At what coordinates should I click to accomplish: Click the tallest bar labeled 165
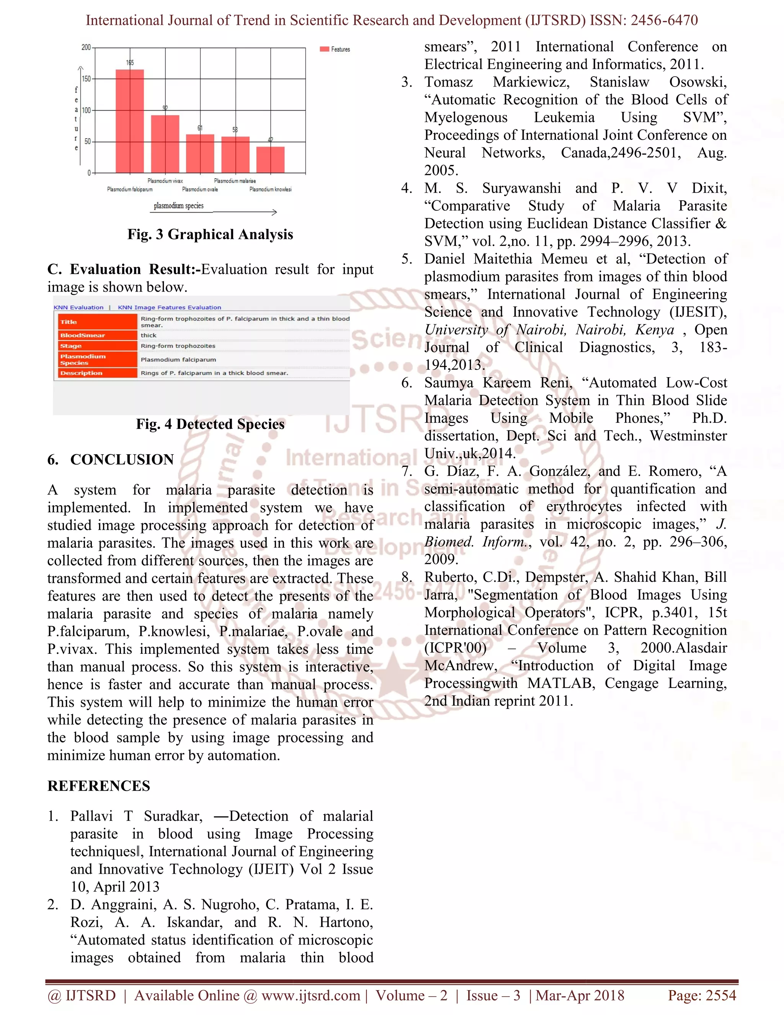(130, 121)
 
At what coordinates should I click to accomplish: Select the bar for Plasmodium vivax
(165, 144)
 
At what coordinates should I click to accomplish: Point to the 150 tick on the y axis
(87, 79)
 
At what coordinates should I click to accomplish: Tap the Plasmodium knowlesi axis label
(270, 189)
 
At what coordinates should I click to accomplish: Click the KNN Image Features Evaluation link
(169, 307)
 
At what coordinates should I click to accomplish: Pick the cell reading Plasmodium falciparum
(178, 360)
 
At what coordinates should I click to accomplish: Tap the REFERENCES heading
(98, 786)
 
